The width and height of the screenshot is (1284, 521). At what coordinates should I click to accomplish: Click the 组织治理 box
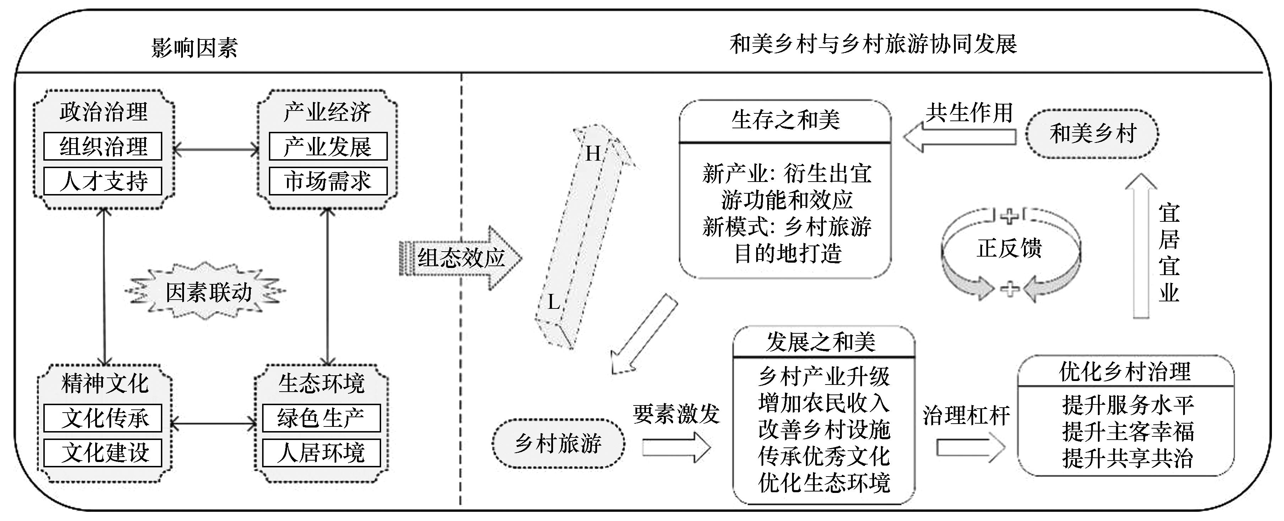[x=103, y=146]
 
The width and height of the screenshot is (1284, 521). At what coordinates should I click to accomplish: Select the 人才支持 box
[x=103, y=181]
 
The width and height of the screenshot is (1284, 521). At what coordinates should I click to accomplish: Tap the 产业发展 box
[x=328, y=146]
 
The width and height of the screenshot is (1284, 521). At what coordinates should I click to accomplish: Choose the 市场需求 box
[x=328, y=181]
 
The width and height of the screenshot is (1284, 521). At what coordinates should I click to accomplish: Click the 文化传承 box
[x=103, y=418]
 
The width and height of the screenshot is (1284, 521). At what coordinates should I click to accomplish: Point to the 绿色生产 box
[x=321, y=418]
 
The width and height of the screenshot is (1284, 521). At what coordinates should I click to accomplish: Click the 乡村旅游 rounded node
[x=558, y=443]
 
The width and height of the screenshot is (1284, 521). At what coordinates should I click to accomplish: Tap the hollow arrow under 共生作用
[x=959, y=137]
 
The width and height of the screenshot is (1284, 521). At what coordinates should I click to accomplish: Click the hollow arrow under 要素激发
[x=676, y=447]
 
